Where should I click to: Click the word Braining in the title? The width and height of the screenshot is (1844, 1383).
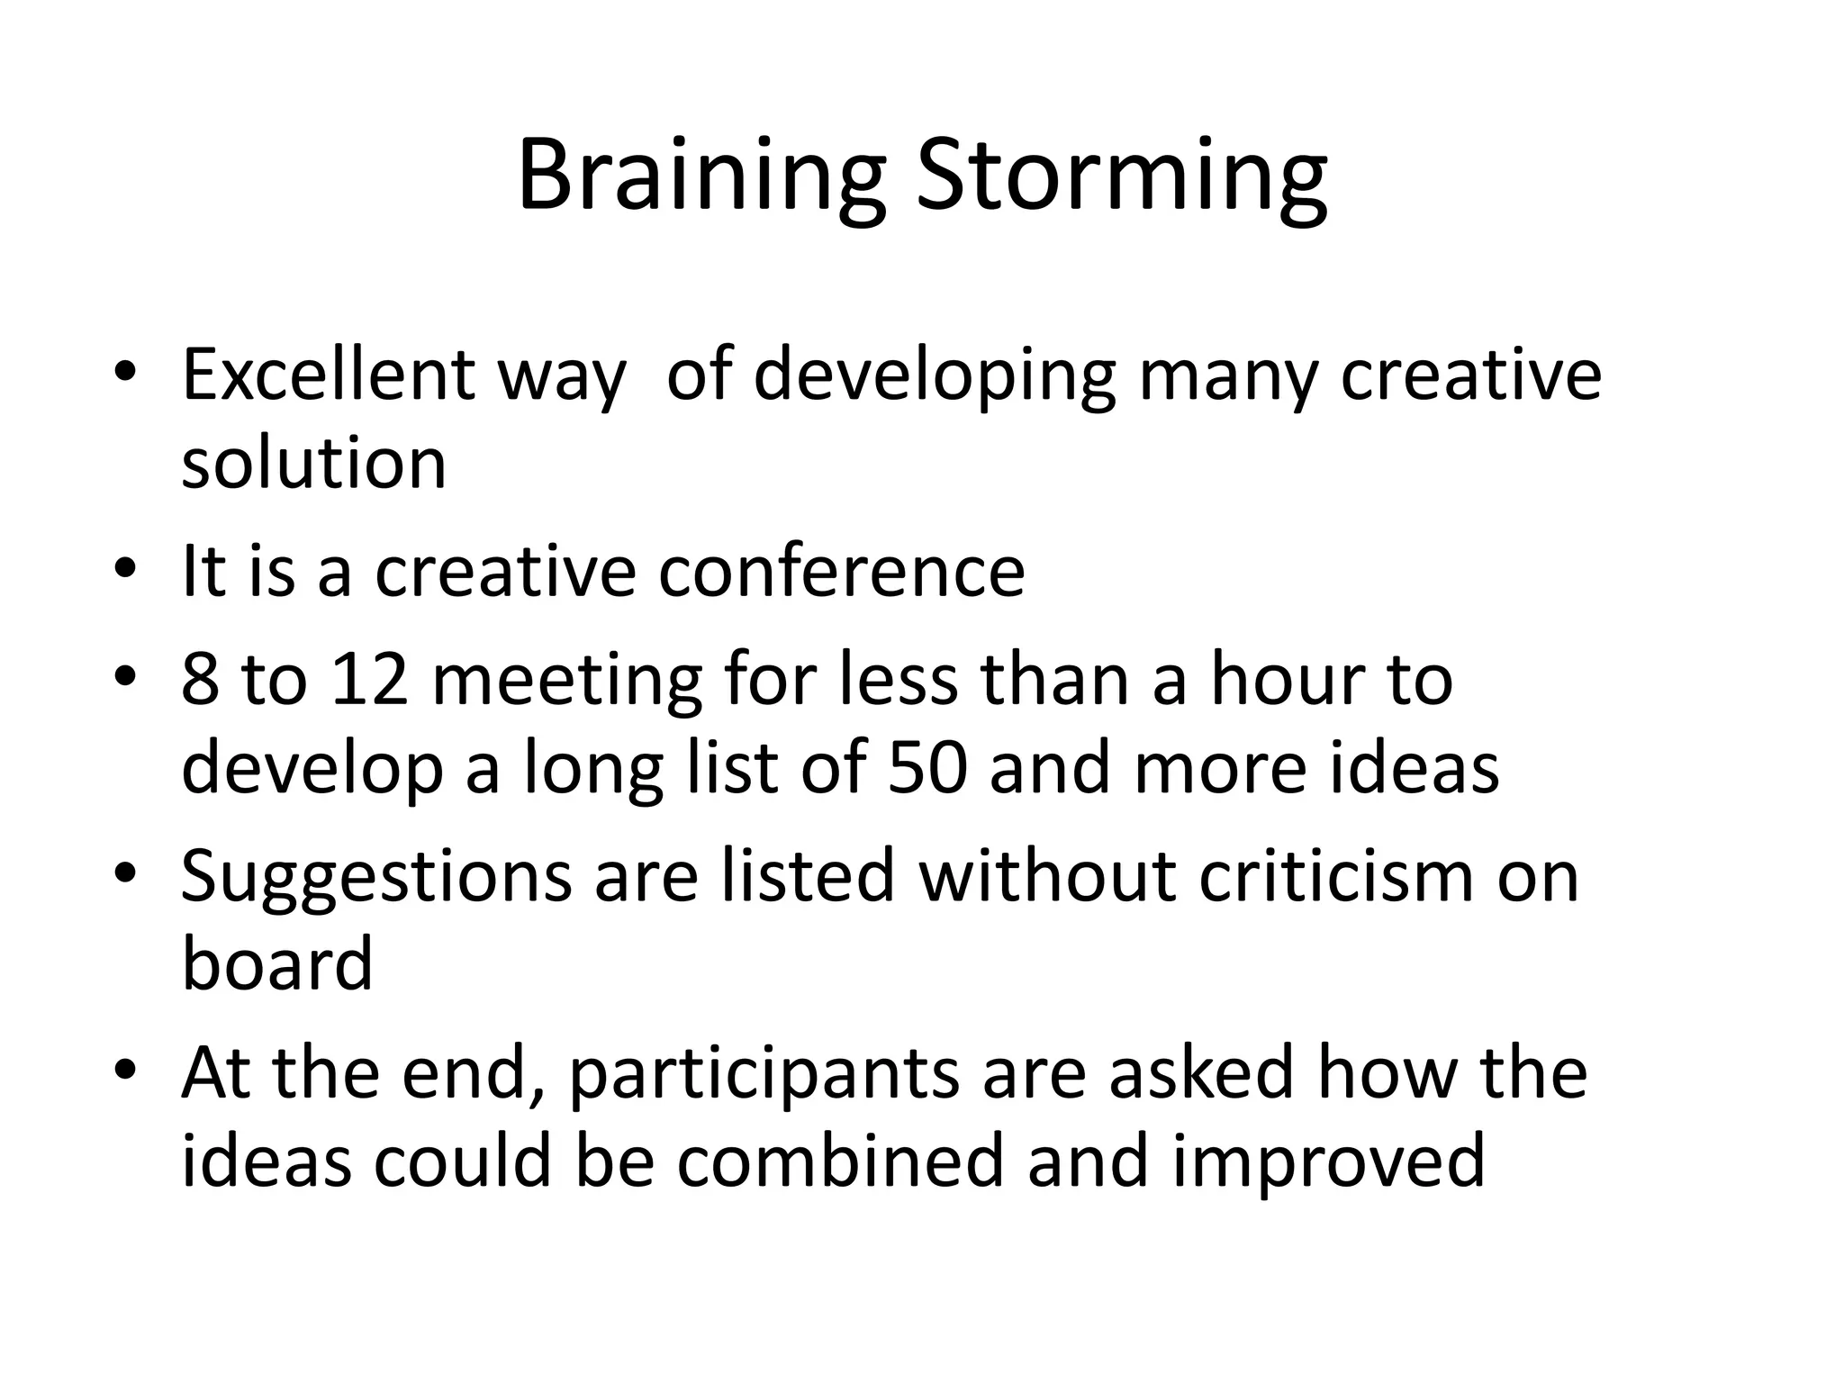[701, 176]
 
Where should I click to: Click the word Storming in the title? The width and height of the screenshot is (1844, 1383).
[1120, 176]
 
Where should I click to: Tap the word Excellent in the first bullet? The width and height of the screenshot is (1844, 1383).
[328, 375]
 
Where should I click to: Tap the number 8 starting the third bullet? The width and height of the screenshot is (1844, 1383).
[200, 680]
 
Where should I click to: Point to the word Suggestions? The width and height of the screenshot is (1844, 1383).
[376, 878]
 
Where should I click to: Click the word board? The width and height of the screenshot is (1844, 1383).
[277, 963]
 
